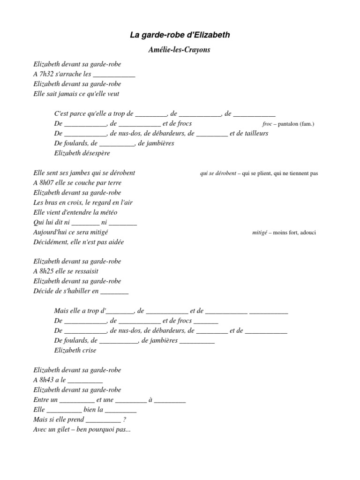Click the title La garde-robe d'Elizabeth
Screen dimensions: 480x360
(x=180, y=35)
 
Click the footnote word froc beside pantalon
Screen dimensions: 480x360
(x=267, y=124)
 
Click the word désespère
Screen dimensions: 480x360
(x=95, y=153)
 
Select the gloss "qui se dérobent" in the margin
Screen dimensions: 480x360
(x=218, y=173)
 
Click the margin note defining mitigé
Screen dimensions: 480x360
(x=284, y=232)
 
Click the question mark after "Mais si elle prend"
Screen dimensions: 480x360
(x=124, y=420)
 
